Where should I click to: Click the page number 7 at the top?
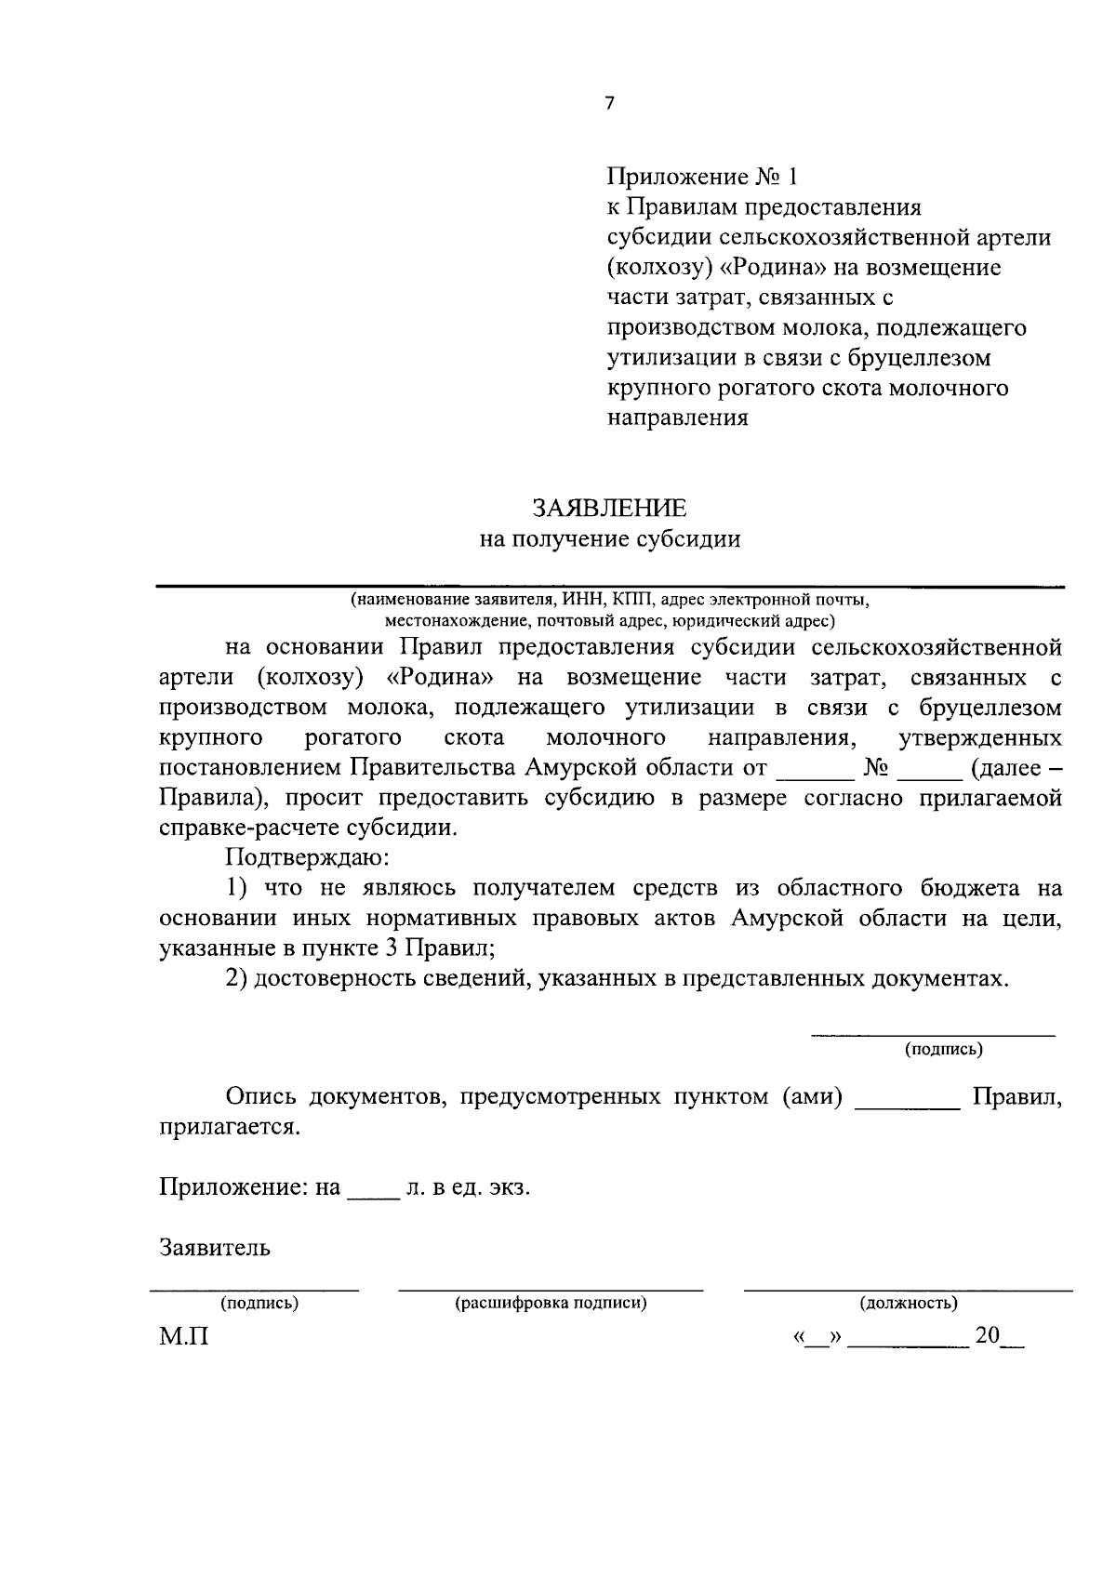609,104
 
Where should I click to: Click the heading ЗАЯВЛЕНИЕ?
609,508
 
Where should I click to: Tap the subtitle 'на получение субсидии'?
609,539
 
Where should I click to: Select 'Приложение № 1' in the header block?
702,177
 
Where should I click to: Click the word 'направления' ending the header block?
678,417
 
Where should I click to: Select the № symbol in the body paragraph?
877,769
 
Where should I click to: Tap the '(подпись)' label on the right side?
944,1050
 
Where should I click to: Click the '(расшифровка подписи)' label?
551,1303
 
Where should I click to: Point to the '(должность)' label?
908,1303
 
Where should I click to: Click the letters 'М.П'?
184,1337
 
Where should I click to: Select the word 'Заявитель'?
215,1248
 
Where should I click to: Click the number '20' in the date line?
987,1336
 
